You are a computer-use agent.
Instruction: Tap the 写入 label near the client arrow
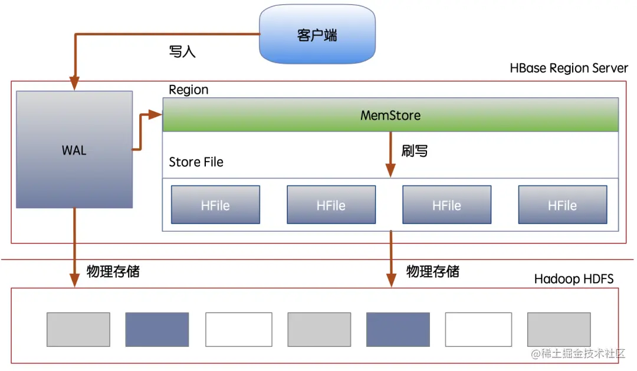click(x=182, y=52)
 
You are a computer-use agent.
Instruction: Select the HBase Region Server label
click(x=569, y=68)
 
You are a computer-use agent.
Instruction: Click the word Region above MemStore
click(x=189, y=90)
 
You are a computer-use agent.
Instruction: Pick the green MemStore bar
click(x=390, y=115)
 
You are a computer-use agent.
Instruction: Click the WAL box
click(x=74, y=150)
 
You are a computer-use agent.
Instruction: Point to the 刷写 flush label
click(x=415, y=151)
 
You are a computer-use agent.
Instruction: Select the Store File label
click(x=196, y=162)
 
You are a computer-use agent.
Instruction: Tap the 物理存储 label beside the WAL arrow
click(x=113, y=271)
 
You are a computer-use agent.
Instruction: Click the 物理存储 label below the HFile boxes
click(x=432, y=271)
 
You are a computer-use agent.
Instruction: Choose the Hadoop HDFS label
click(x=573, y=278)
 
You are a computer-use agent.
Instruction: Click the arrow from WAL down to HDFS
click(x=74, y=248)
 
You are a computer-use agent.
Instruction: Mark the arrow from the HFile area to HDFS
click(x=390, y=260)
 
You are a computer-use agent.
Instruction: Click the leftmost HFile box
click(x=215, y=205)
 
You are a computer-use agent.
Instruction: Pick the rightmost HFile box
click(x=562, y=205)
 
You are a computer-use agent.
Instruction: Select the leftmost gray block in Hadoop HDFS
click(x=78, y=329)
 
